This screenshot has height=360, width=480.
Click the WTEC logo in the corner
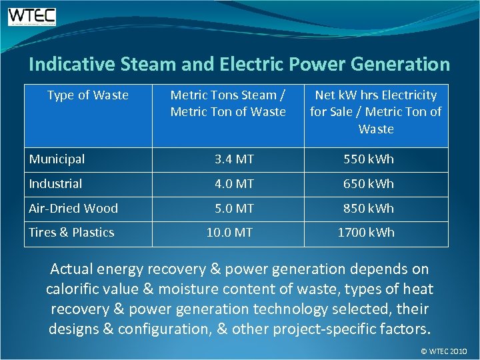(32, 16)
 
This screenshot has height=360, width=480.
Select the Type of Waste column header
(88, 95)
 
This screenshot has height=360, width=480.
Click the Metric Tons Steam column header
(228, 103)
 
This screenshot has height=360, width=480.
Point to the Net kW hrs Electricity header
(376, 112)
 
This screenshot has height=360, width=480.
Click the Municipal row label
(57, 159)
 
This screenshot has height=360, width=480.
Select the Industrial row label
(55, 183)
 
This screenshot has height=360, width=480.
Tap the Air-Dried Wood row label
(73, 208)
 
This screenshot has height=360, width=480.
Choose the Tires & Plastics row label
(71, 233)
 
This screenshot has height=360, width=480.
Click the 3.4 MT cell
(234, 159)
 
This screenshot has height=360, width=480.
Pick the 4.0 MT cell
(234, 183)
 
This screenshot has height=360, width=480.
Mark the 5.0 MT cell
(234, 208)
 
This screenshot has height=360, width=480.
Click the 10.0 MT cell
(229, 233)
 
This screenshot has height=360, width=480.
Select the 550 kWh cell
(369, 159)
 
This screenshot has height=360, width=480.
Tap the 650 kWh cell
(369, 183)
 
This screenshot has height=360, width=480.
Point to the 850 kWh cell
(369, 208)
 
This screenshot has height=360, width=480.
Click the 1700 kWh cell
(366, 233)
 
